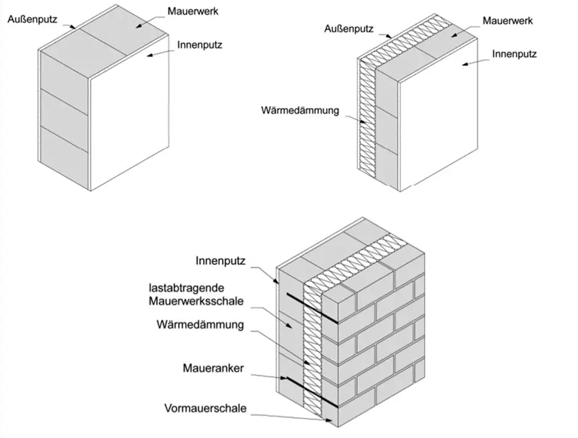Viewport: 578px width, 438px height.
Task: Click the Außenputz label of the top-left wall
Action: tap(32, 19)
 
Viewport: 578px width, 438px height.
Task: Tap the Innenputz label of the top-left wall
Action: tap(199, 45)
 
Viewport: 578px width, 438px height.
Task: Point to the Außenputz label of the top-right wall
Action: tap(348, 28)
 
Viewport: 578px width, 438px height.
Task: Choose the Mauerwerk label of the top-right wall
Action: tap(507, 21)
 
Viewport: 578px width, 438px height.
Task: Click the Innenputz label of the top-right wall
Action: tap(514, 54)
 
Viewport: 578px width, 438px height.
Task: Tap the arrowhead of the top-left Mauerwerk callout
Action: tap(138, 26)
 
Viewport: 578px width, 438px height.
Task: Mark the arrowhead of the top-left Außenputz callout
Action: tap(74, 28)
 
